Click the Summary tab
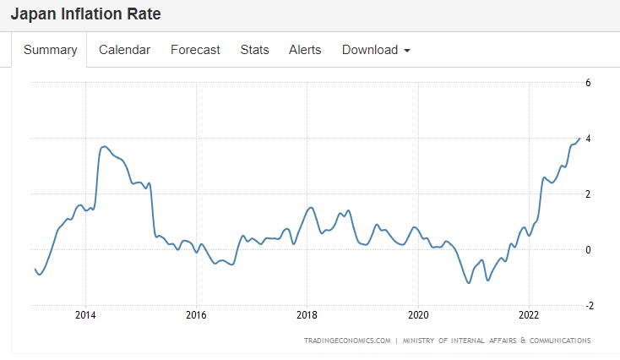tap(51, 50)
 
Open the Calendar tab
tap(124, 50)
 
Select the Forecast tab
tap(195, 50)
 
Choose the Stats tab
tap(254, 50)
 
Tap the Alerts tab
tap(305, 50)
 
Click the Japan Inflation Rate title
tap(85, 14)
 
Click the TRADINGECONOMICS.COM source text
tap(347, 341)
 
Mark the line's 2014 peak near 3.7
tap(104, 146)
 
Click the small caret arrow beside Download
tap(407, 51)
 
